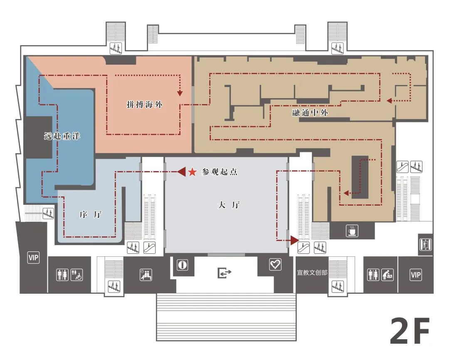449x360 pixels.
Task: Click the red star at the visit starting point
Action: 192,172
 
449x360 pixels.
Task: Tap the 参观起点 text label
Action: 220,172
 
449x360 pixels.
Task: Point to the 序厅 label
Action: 90,214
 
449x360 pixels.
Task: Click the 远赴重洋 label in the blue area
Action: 62,136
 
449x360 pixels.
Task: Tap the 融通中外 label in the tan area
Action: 310,112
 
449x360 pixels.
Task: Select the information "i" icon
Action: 183,265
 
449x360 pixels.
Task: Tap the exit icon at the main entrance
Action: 224,273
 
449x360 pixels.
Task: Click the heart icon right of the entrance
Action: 275,264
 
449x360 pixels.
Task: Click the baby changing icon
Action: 387,275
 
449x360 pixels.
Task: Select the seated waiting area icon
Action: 146,275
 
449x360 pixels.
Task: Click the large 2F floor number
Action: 410,331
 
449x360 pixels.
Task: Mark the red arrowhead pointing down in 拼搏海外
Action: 180,93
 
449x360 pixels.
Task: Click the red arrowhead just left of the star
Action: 181,172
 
